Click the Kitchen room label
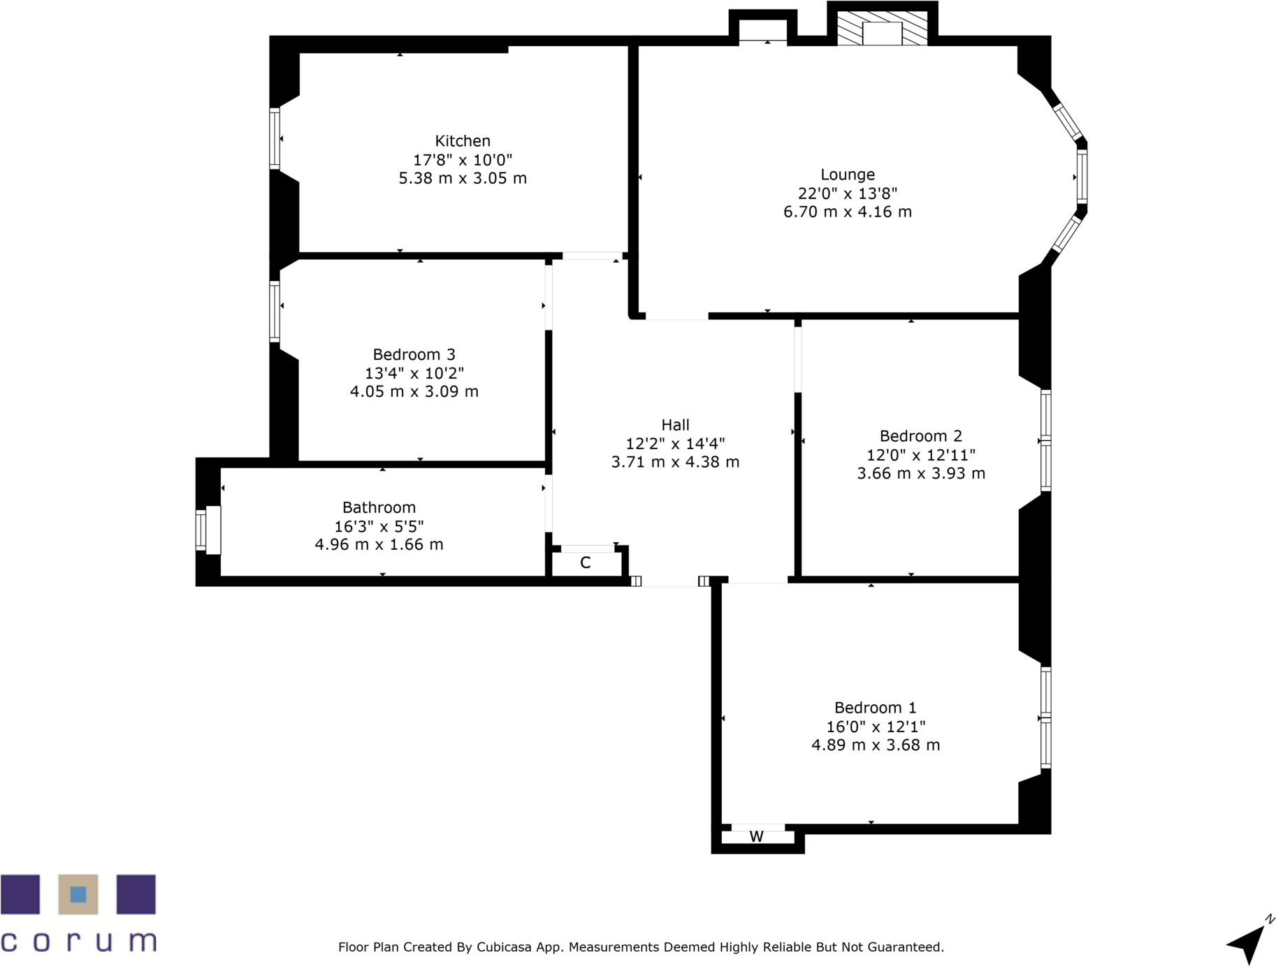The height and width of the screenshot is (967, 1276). [462, 141]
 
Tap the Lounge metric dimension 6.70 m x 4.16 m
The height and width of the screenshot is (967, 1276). [847, 212]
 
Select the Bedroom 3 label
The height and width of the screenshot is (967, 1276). [414, 354]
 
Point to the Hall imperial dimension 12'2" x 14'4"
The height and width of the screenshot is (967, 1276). [674, 443]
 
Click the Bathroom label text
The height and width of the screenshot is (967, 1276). [379, 507]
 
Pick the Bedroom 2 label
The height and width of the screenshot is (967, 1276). [920, 436]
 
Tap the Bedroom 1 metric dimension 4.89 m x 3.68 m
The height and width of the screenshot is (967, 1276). [875, 745]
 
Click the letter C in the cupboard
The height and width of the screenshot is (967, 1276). [586, 562]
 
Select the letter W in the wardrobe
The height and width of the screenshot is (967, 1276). [756, 836]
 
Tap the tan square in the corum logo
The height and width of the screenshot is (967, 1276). [78, 894]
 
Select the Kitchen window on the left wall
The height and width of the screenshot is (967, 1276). [275, 138]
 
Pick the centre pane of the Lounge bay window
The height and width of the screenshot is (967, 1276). [1082, 177]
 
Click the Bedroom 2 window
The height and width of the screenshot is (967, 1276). [1045, 441]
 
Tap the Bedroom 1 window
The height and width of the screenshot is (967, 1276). [1045, 718]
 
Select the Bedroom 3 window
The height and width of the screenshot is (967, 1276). [275, 311]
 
